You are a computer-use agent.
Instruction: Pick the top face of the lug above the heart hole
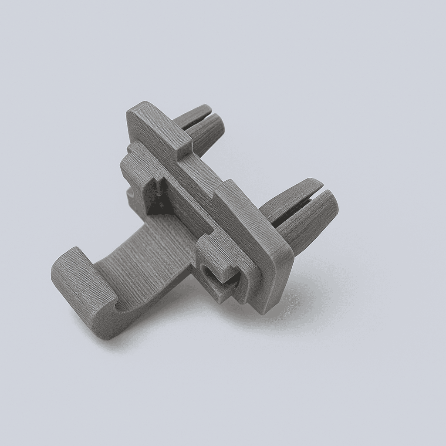pyautogui.click(x=213, y=248)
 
